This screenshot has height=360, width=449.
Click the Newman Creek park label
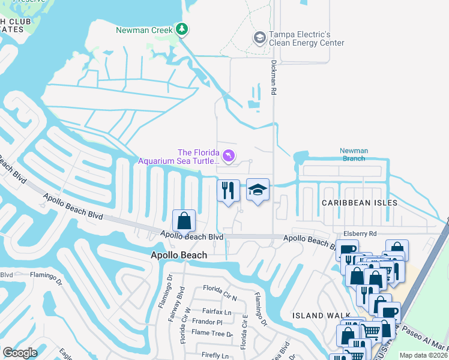click(x=144, y=29)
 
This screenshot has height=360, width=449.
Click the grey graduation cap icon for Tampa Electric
click(x=259, y=38)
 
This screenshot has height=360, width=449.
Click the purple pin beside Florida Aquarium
click(x=229, y=157)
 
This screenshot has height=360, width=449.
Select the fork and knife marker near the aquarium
click(x=228, y=191)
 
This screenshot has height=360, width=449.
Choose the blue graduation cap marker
click(x=258, y=190)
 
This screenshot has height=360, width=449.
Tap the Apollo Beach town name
click(x=178, y=255)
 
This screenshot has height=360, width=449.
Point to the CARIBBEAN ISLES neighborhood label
click(x=359, y=203)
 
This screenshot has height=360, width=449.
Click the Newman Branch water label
click(x=353, y=155)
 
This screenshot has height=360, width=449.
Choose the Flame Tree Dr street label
click(x=212, y=332)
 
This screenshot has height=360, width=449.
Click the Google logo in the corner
click(x=20, y=353)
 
